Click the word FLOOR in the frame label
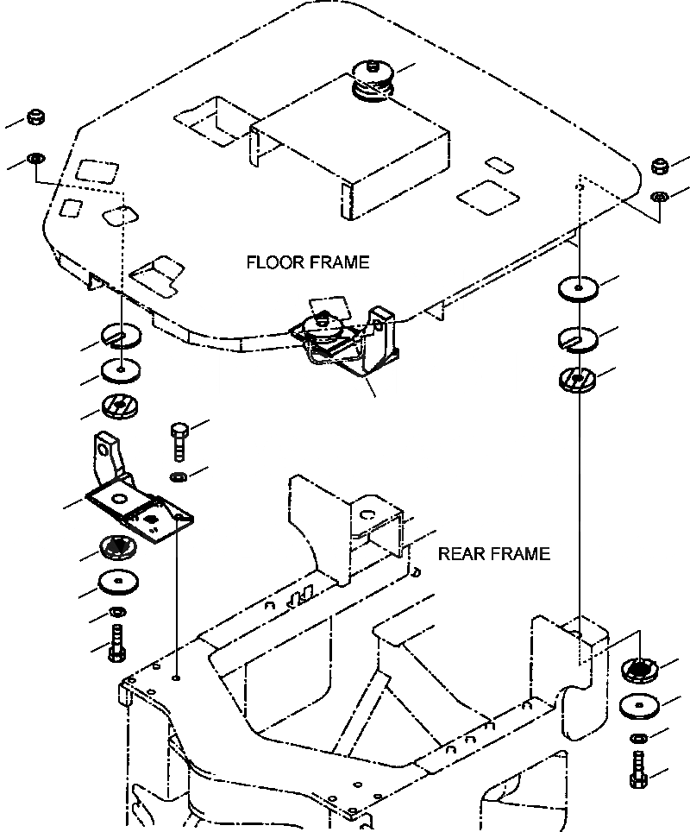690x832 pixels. (273, 262)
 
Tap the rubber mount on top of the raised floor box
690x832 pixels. (371, 79)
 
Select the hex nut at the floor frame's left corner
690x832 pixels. (35, 117)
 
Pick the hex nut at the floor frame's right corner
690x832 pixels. (661, 166)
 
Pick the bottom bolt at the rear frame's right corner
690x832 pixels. (639, 768)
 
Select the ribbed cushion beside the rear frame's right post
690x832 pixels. (641, 669)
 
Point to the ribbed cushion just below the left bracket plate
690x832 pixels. (116, 545)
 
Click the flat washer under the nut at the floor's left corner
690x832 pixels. (35, 159)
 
